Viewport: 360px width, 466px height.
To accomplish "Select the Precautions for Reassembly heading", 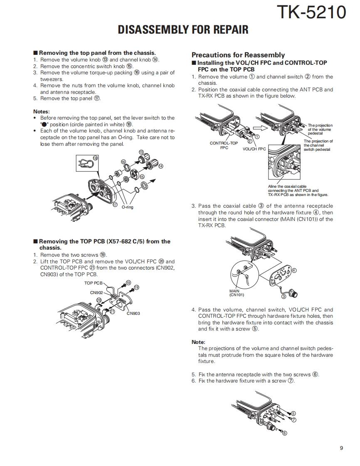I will point(238,55).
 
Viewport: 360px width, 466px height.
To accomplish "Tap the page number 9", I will point(341,448).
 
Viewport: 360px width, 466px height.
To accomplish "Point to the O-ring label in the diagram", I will point(128,207).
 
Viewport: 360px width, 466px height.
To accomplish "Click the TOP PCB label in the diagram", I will point(93,283).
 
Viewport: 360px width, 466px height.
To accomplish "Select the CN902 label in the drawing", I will point(96,292).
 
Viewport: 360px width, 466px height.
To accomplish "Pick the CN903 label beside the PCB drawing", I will point(133,313).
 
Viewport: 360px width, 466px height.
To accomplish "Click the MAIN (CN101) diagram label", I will point(237,293).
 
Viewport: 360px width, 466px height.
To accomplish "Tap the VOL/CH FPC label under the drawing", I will point(254,149).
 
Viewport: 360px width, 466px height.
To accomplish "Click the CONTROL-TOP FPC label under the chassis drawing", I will point(224,145).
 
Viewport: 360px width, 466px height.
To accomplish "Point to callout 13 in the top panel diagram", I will point(141,152).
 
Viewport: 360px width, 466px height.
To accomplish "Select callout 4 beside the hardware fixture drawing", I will point(294,270).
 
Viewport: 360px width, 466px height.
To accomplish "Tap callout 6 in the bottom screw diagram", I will point(284,433).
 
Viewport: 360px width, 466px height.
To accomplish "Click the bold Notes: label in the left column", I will point(42,111).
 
